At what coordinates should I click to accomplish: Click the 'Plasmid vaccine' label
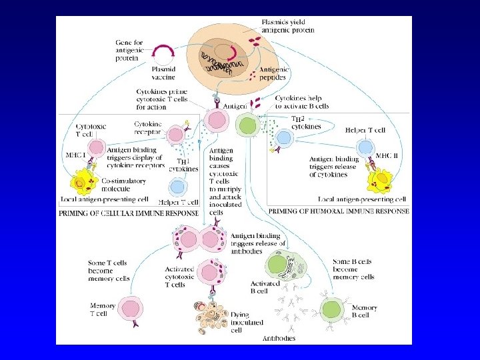(x=163, y=72)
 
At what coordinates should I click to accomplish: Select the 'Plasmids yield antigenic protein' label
(x=288, y=26)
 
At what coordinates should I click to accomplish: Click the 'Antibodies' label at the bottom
(x=280, y=338)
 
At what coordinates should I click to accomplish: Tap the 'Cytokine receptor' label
(x=147, y=127)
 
